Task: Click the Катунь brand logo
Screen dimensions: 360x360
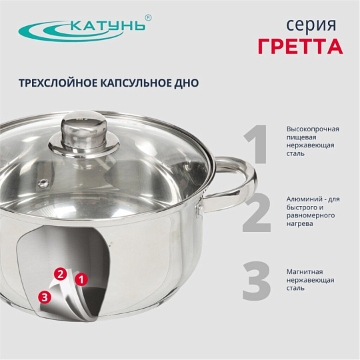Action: [85, 29]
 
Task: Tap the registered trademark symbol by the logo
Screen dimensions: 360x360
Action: [149, 18]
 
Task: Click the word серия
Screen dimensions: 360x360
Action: [311, 25]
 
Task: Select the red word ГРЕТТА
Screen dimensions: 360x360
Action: [301, 46]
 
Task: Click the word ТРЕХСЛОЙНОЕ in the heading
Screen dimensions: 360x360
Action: [58, 83]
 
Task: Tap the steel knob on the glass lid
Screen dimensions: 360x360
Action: [84, 133]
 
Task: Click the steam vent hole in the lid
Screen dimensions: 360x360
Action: [43, 183]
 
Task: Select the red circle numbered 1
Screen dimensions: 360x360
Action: [81, 279]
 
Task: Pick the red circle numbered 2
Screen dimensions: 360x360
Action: [61, 274]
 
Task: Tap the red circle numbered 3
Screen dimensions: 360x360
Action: [45, 297]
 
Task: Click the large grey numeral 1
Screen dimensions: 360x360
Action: [255, 144]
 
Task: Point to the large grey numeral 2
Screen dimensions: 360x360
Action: [257, 212]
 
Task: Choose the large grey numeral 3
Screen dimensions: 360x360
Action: [257, 281]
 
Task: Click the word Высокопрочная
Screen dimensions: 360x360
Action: [313, 129]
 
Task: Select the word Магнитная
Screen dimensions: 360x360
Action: [305, 272]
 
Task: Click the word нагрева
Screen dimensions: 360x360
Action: [299, 224]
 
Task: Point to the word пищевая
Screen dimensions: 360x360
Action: [301, 138]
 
